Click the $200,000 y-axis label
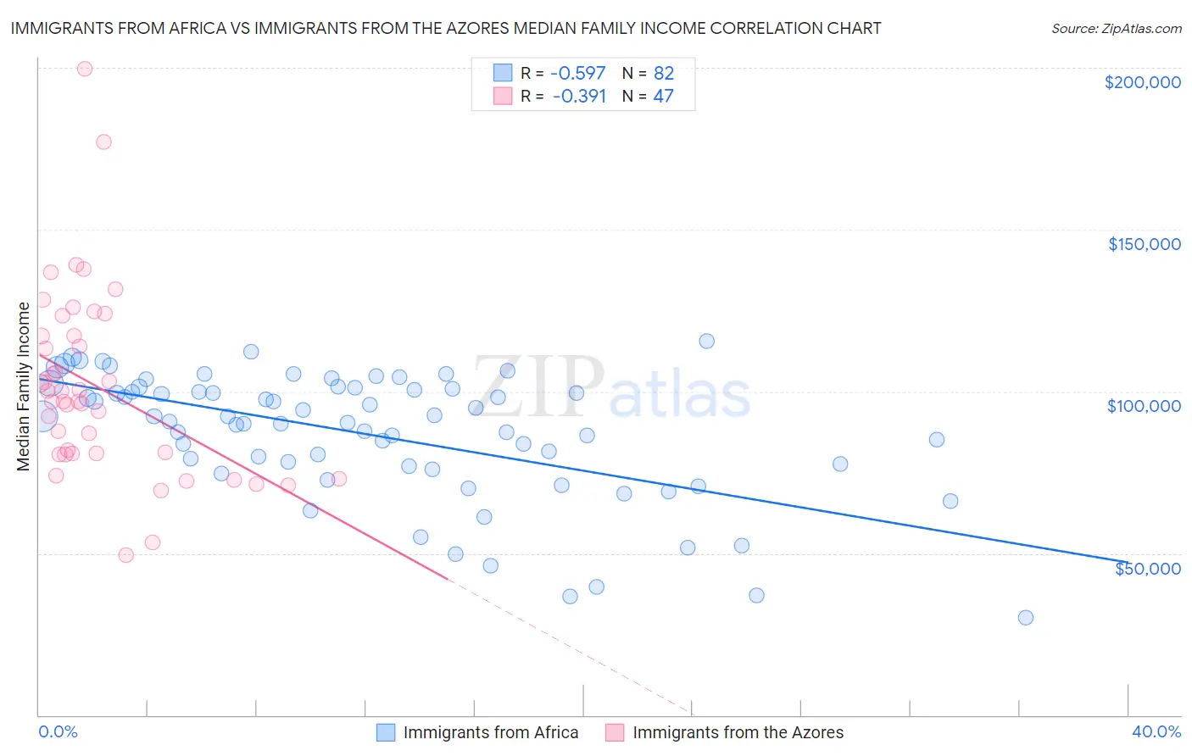click(x=1142, y=82)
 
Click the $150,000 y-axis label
click(x=1144, y=244)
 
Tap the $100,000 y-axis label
click(x=1144, y=406)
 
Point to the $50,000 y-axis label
click(x=1147, y=568)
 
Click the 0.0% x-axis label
click(x=58, y=731)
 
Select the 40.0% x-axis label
click(x=1156, y=731)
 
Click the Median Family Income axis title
click(x=24, y=386)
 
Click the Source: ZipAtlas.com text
click(x=1116, y=29)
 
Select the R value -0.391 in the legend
click(x=579, y=97)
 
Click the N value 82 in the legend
click(x=663, y=74)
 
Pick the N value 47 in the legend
click(x=663, y=97)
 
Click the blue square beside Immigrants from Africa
click(x=386, y=732)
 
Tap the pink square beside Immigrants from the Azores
click(x=615, y=732)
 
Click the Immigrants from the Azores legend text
click(x=738, y=732)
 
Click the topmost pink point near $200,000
click(x=85, y=69)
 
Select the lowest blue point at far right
click(x=1025, y=618)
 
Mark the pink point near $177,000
click(x=103, y=142)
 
